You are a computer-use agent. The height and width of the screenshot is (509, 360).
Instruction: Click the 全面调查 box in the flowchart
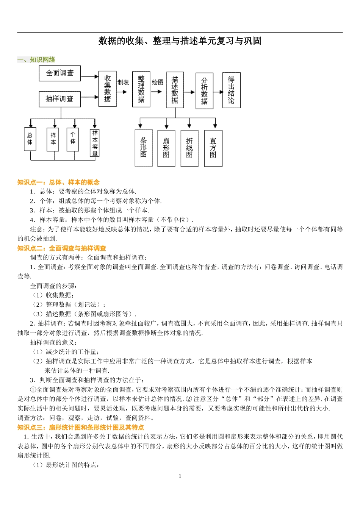[x=60, y=73]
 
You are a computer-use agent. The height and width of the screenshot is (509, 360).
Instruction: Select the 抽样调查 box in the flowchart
[x=60, y=99]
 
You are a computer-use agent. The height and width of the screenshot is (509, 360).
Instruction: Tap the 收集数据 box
[x=108, y=89]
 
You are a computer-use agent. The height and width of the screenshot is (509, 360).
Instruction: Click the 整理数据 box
[x=141, y=89]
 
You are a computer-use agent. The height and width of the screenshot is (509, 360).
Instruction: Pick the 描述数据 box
[x=175, y=90]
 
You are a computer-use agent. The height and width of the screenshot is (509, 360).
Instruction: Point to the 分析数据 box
[x=204, y=91]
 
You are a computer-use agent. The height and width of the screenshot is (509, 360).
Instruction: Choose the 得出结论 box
[x=231, y=90]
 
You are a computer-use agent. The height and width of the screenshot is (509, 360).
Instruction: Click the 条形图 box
[x=143, y=148]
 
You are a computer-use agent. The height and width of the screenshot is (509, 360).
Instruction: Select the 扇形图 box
[x=166, y=148]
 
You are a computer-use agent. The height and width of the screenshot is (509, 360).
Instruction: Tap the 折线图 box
[x=189, y=148]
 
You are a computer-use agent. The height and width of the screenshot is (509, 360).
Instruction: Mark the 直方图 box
[x=213, y=148]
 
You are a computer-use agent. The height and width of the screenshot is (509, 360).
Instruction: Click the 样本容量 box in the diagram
[x=95, y=143]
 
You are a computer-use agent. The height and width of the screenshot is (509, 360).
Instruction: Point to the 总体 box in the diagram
[x=30, y=139]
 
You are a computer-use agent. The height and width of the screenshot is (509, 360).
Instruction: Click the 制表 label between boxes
[x=123, y=82]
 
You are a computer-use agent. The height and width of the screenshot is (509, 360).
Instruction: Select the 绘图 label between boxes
[x=158, y=82]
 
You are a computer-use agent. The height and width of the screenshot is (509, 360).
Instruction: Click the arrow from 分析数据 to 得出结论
[x=218, y=92]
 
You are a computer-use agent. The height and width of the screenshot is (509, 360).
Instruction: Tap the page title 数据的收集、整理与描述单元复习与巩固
[x=180, y=41]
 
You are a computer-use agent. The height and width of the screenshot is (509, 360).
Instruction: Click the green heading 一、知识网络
[x=36, y=59]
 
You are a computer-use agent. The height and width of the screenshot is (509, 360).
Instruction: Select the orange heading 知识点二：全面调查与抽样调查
[x=62, y=248]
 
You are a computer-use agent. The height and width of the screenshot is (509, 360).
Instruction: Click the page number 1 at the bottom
[x=180, y=476]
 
